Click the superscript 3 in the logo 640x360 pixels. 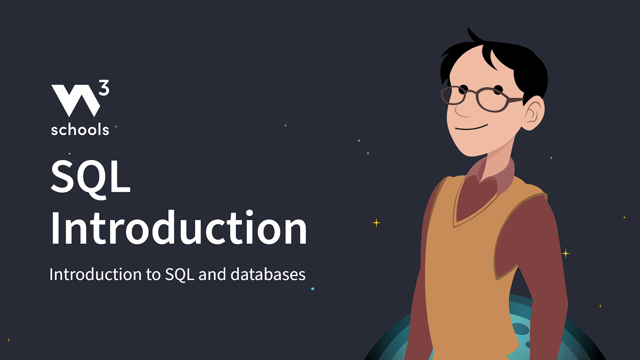(x=104, y=88)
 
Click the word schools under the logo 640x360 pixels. (x=80, y=130)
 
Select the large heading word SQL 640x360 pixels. (x=90, y=177)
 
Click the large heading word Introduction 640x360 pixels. (x=178, y=229)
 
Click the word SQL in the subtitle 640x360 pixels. (x=179, y=275)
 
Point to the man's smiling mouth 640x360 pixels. (x=471, y=128)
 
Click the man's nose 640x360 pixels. (x=462, y=110)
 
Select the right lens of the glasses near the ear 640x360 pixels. (x=492, y=100)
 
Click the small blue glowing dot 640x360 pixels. (x=313, y=289)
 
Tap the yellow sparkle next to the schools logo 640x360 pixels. (x=116, y=127)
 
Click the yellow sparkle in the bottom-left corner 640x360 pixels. (x=9, y=340)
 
